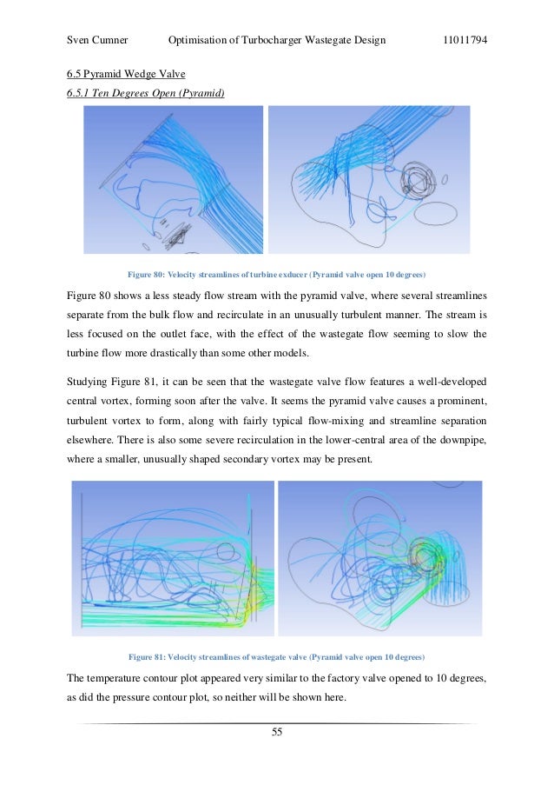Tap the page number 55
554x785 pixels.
click(x=277, y=732)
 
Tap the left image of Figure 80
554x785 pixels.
click(x=173, y=180)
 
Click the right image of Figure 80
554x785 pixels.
click(x=369, y=180)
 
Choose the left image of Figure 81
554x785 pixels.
click(x=172, y=557)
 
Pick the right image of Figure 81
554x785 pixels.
click(x=379, y=557)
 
